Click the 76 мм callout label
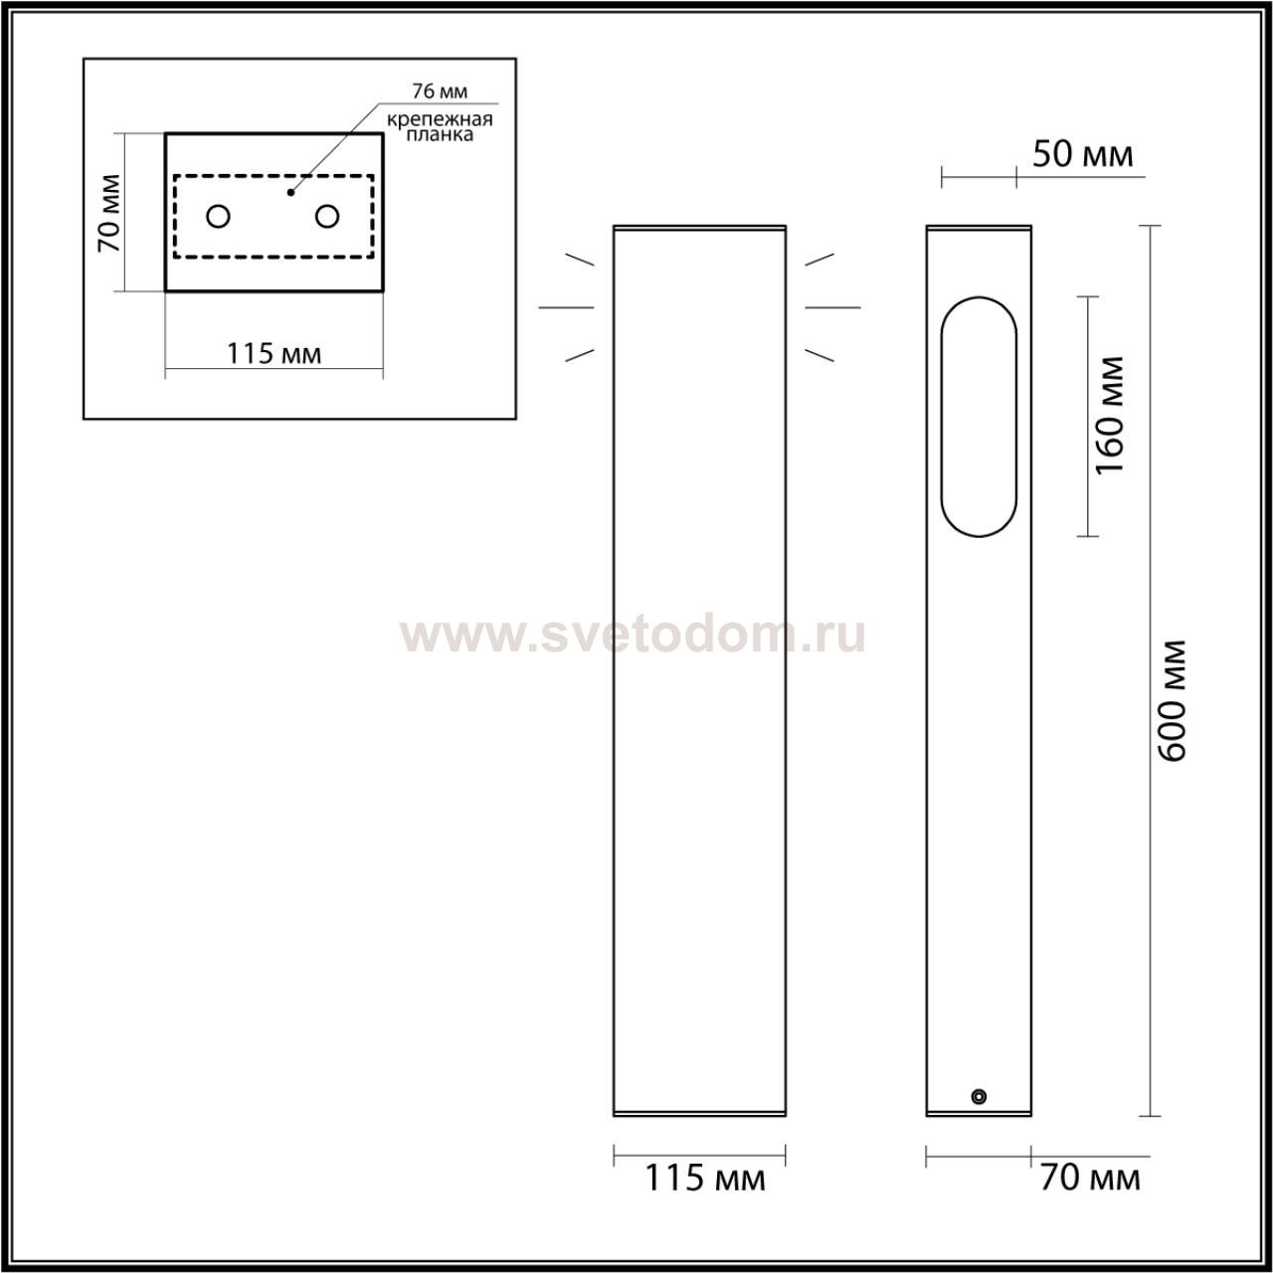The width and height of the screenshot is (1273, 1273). tap(440, 91)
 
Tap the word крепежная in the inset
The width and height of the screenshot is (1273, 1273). tap(440, 119)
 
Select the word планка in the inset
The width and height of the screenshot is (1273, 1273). tap(440, 135)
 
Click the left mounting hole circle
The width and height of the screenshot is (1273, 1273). tap(218, 216)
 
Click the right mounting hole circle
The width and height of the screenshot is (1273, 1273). tap(327, 216)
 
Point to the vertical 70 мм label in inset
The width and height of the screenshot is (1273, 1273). tap(109, 213)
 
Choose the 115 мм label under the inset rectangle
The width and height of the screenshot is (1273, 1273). tap(274, 354)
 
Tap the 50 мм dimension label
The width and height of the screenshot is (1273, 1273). tap(1082, 154)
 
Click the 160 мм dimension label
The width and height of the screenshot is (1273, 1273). tap(1109, 416)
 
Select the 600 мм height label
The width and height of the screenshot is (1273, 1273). tap(1173, 701)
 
